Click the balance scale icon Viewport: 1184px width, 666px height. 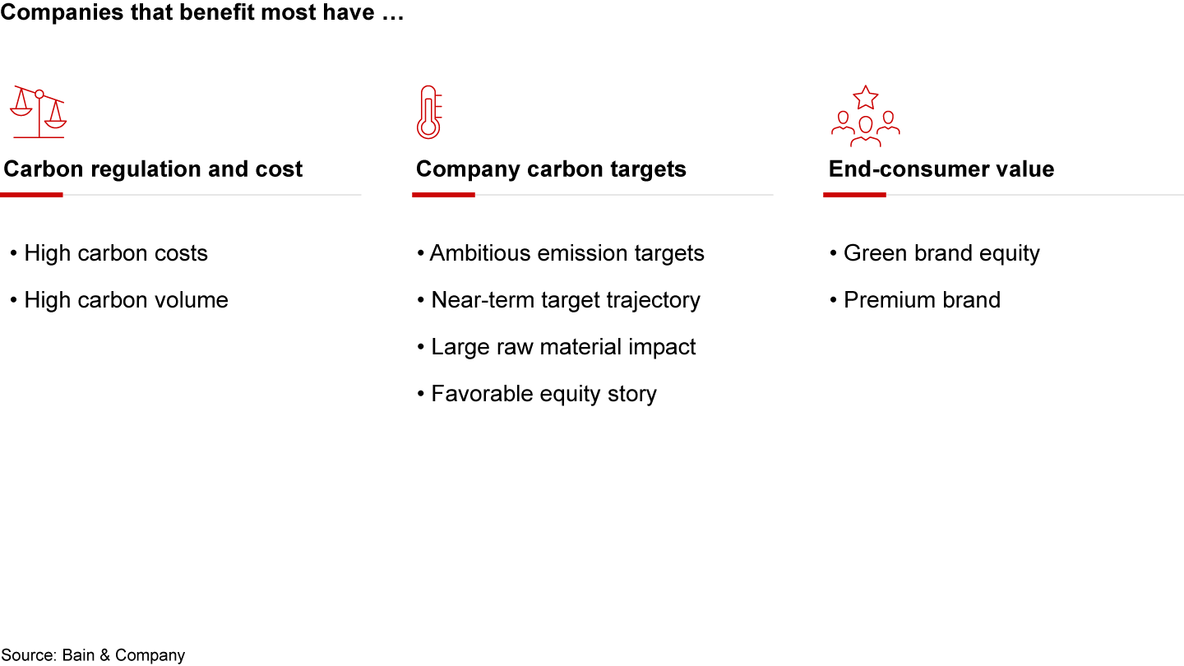pyautogui.click(x=38, y=111)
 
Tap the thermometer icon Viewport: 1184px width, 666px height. pyautogui.click(x=428, y=113)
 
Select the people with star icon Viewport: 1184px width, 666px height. pyautogui.click(x=865, y=117)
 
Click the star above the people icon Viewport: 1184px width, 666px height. pyautogui.click(x=865, y=97)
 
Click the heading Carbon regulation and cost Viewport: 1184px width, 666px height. pyautogui.click(x=154, y=169)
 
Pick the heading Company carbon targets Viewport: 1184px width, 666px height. pyautogui.click(x=551, y=169)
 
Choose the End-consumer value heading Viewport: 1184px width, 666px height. pyautogui.click(x=941, y=169)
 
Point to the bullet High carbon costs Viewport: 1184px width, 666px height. pyautogui.click(x=115, y=253)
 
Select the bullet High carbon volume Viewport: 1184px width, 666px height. pyautogui.click(x=126, y=300)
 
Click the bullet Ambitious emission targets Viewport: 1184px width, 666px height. pyautogui.click(x=567, y=253)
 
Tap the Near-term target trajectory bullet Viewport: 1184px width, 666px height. pyautogui.click(x=565, y=300)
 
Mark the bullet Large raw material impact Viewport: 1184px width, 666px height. pyautogui.click(x=563, y=347)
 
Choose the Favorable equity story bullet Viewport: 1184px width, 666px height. pyautogui.click(x=543, y=394)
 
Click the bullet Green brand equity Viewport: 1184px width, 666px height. pyautogui.click(x=941, y=253)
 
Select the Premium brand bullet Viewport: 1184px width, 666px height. pyautogui.click(x=921, y=300)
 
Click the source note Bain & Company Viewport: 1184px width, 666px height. pyautogui.click(x=93, y=655)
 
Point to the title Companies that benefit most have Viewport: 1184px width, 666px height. pyautogui.click(x=202, y=14)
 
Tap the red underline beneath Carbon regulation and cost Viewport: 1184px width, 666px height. pyautogui.click(x=31, y=195)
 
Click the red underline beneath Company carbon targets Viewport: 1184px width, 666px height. pyautogui.click(x=443, y=195)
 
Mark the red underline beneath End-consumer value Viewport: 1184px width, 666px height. pyautogui.click(x=854, y=195)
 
